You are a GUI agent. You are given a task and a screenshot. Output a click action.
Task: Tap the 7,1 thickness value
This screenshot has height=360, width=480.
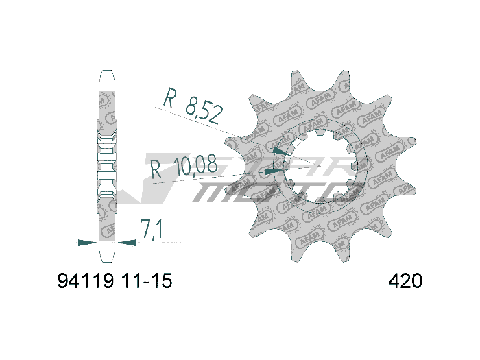click(151, 230)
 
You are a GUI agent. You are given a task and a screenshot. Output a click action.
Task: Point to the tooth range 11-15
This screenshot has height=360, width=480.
click(146, 281)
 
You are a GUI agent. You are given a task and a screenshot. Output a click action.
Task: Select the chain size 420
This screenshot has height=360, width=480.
click(405, 281)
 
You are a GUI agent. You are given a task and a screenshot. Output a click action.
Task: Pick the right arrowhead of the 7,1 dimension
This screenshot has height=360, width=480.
click(126, 242)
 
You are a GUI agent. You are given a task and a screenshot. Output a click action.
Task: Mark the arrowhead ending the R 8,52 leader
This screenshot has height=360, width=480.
click(280, 149)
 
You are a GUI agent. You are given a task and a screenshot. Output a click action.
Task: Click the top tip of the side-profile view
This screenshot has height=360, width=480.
click(107, 71)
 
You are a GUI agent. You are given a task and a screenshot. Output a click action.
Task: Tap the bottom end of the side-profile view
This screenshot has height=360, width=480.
click(107, 261)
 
